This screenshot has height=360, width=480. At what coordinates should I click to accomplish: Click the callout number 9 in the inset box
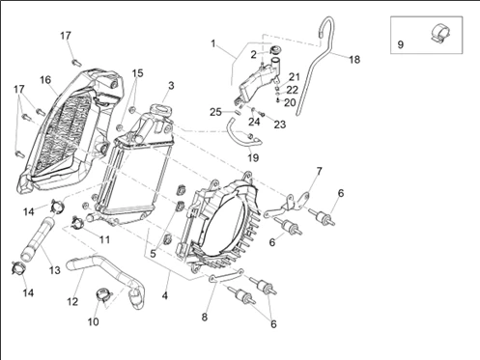(400, 44)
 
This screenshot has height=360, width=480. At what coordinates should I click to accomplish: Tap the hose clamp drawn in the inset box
(440, 34)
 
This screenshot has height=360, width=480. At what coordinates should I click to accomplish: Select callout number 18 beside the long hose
(354, 60)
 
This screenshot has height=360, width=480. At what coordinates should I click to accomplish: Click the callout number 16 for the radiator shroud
(45, 80)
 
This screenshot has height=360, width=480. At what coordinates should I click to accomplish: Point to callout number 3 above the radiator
(171, 86)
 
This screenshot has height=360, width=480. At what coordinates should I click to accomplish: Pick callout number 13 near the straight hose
(55, 270)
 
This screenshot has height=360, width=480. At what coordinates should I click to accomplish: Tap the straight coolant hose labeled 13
(38, 238)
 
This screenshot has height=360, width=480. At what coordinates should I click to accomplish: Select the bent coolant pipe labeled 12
(106, 277)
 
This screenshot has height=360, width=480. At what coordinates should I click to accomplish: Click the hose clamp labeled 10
(103, 294)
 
